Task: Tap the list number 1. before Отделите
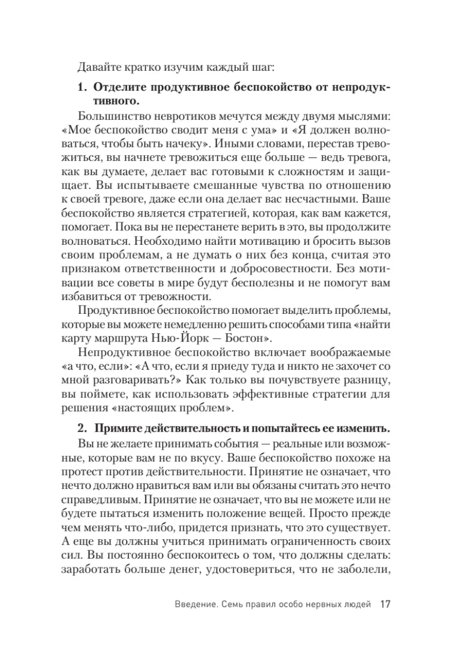point(82,88)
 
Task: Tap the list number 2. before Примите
point(82,428)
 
